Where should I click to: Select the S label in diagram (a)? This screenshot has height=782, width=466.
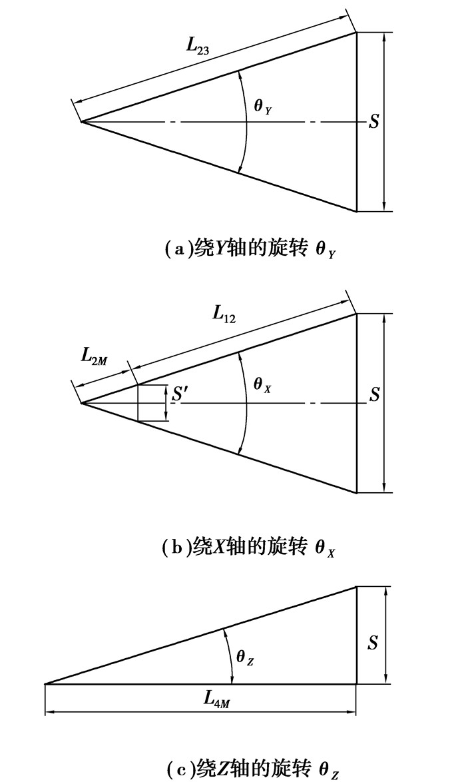pos(374,123)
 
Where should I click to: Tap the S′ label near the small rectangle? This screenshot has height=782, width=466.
pos(179,394)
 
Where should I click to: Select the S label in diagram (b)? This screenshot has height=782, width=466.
pos(374,395)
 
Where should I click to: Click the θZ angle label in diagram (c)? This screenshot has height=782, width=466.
pos(245,657)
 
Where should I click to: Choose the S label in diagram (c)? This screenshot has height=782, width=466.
pos(373,643)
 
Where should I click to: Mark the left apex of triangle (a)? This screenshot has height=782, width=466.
pos(81,122)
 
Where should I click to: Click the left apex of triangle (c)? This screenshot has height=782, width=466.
pos(45,683)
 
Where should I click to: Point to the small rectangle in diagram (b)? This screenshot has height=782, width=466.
pos(150,403)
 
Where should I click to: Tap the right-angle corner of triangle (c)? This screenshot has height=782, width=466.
pos(357,683)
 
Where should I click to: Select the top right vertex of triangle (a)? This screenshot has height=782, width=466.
pos(357,33)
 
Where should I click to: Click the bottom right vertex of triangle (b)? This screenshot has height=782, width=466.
pos(357,493)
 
